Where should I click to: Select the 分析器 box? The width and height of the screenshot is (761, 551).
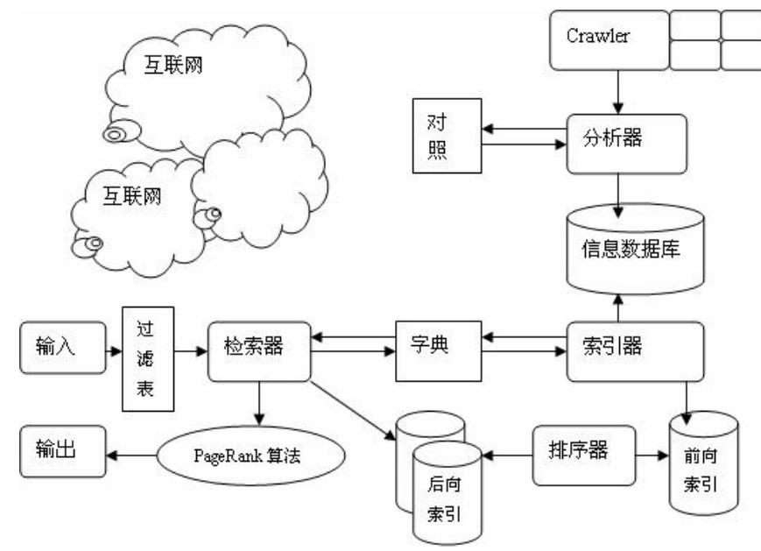click(621, 141)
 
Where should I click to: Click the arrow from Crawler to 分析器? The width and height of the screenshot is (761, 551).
click(619, 93)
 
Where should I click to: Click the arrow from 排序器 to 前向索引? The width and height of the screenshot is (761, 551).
click(647, 456)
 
